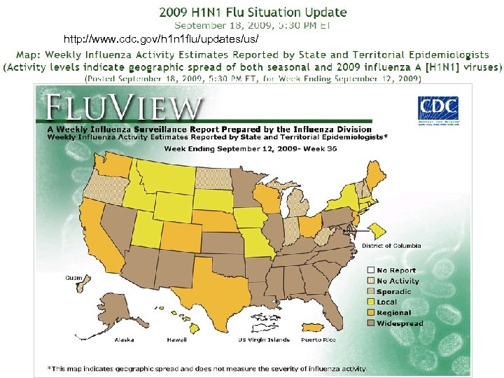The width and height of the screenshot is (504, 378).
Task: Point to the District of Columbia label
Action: pos(391,246)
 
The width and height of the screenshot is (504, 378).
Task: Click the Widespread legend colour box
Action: pos(370,323)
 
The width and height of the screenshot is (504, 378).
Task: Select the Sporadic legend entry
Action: pos(394,291)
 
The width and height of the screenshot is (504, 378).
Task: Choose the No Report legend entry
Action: pos(396,270)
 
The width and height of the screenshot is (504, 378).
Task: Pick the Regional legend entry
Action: pos(394,313)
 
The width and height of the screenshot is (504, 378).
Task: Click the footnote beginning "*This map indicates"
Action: pos(206,368)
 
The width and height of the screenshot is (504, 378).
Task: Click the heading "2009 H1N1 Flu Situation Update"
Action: pos(252,12)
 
